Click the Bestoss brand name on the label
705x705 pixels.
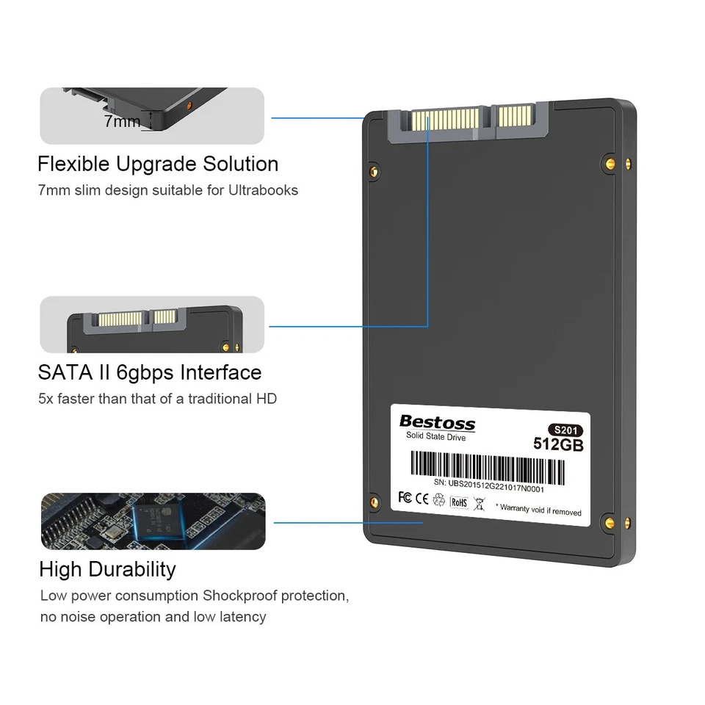pyautogui.click(x=437, y=423)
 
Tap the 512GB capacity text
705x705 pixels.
pyautogui.click(x=558, y=444)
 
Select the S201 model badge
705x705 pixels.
pyautogui.click(x=565, y=430)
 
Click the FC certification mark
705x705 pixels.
pyautogui.click(x=405, y=497)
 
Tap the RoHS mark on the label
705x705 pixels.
pyautogui.click(x=459, y=502)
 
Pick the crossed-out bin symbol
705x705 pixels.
pyautogui.click(x=479, y=504)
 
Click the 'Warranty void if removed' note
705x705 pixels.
pyautogui.click(x=538, y=510)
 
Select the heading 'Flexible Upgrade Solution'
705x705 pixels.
pyautogui.click(x=158, y=164)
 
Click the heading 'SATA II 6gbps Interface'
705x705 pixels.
pyautogui.click(x=150, y=372)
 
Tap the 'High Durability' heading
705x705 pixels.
pyautogui.click(x=107, y=569)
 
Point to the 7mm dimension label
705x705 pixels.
pyautogui.click(x=122, y=121)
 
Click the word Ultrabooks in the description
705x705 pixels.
pyautogui.click(x=263, y=190)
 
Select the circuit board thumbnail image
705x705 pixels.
pyautogui.click(x=153, y=521)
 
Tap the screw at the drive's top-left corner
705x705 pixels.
pyautogui.click(x=374, y=172)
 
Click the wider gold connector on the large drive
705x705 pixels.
pyautogui.click(x=445, y=118)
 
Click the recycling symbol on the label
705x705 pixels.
pyautogui.click(x=439, y=499)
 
